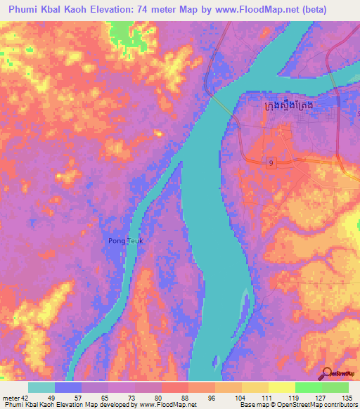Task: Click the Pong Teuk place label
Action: pyautogui.click(x=126, y=241)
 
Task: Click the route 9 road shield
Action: pyautogui.click(x=271, y=163)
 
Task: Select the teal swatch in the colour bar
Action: pyautogui.click(x=41, y=387)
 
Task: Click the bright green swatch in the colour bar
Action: pyautogui.click(x=308, y=387)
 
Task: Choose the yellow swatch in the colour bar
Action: pyautogui.click(x=281, y=387)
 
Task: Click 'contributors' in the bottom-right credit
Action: pyautogui.click(x=339, y=405)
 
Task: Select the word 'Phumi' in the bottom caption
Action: pyautogui.click(x=13, y=405)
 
